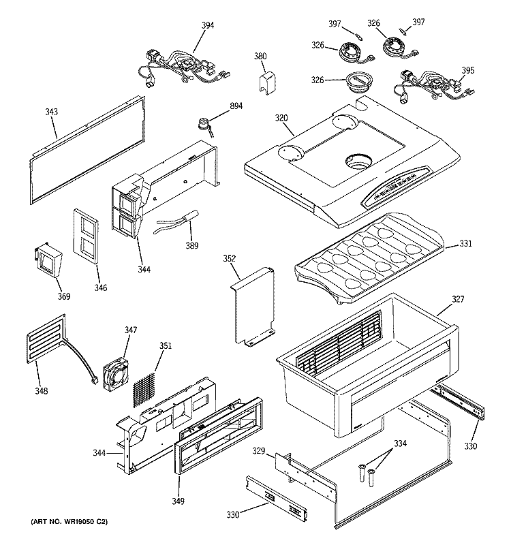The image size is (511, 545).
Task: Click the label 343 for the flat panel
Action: click(52, 111)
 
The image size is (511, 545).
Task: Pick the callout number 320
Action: click(281, 116)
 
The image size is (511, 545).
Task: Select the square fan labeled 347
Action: click(115, 373)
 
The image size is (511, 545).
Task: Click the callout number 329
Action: click(258, 451)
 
